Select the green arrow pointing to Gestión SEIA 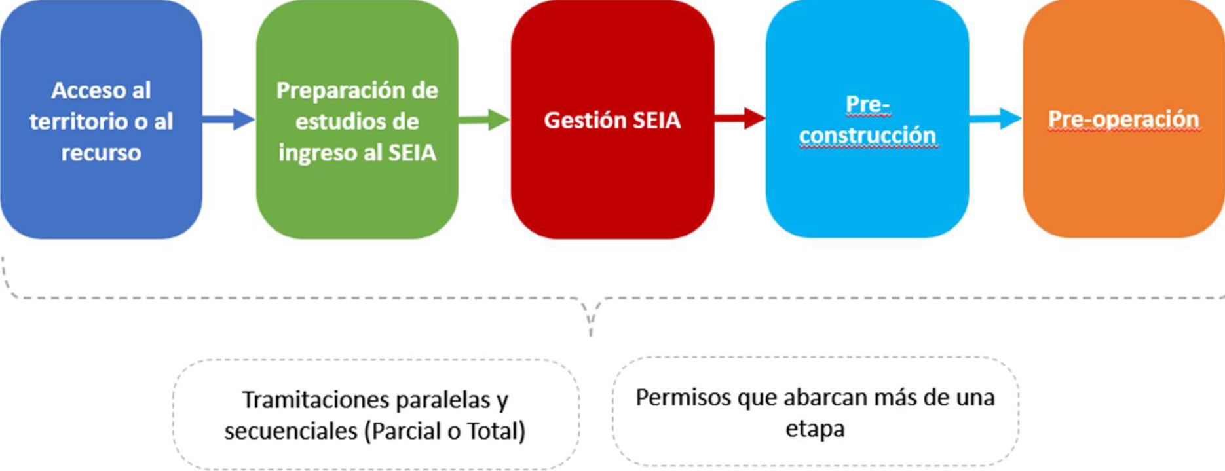(483, 119)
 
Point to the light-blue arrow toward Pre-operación (995, 119)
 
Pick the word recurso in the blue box (101, 153)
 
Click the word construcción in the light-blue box (867, 135)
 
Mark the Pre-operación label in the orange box (1123, 119)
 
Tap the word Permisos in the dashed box (683, 397)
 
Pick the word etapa (815, 428)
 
